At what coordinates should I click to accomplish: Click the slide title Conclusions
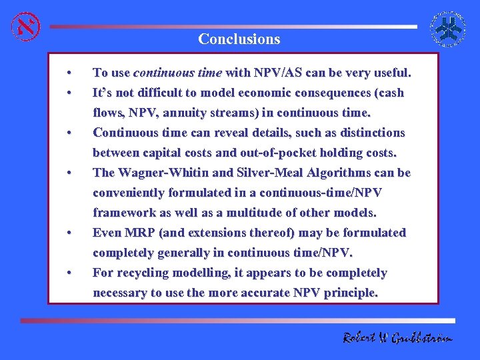click(239, 39)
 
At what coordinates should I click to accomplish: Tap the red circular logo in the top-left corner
click(25, 26)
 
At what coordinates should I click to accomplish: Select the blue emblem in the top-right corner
click(449, 27)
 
